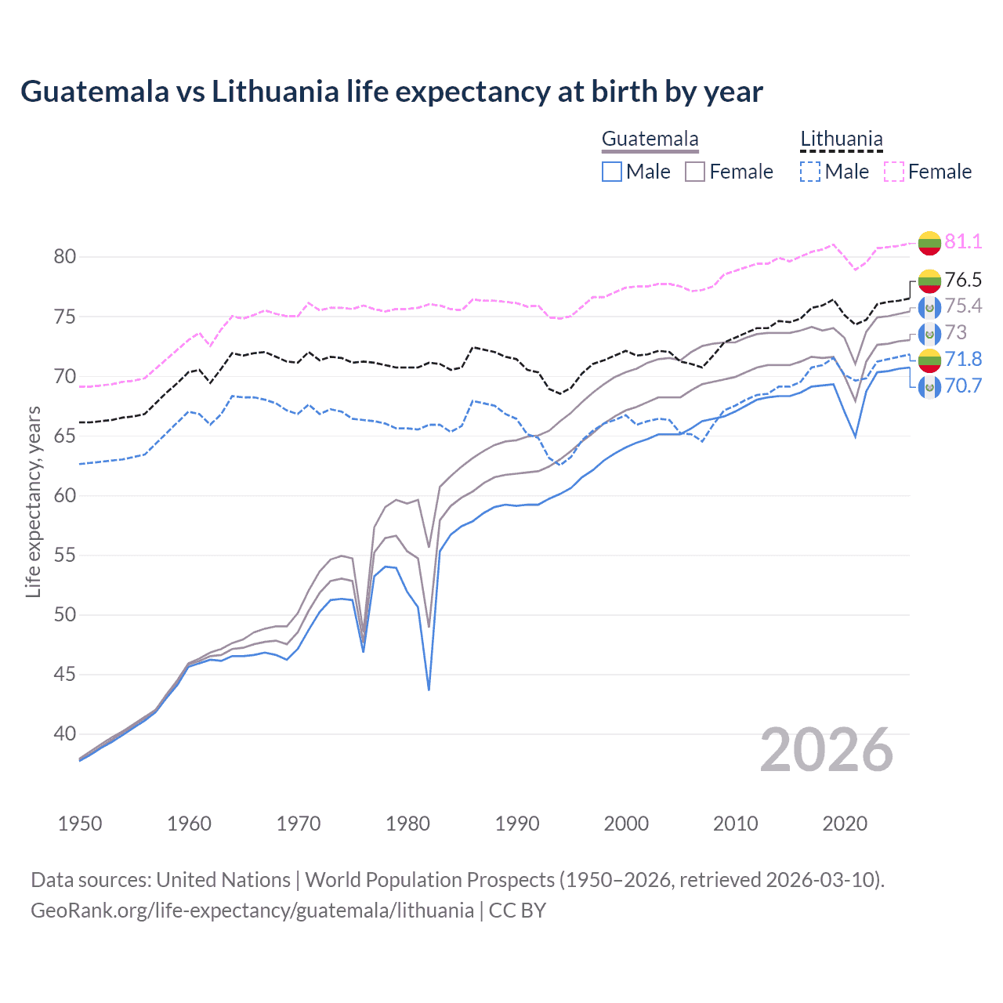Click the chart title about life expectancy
[x=391, y=92]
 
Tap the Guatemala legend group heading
[x=650, y=139]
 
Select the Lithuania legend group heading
[x=841, y=139]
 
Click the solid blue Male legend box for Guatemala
[x=612, y=172]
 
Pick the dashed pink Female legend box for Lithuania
[x=894, y=172]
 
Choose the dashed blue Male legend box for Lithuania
[x=810, y=172]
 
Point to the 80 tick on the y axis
[x=65, y=257]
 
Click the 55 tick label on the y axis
[x=65, y=556]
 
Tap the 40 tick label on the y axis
[x=65, y=734]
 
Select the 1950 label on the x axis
[x=80, y=824]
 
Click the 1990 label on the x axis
[x=517, y=824]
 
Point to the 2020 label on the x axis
[x=845, y=824]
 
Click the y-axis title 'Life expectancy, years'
[x=33, y=501]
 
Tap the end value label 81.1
[x=963, y=241]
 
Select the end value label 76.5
[x=963, y=280]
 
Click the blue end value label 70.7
[x=963, y=386]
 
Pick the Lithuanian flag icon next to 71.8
[x=929, y=360]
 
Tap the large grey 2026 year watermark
[x=826, y=750]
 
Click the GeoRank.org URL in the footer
[x=252, y=911]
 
